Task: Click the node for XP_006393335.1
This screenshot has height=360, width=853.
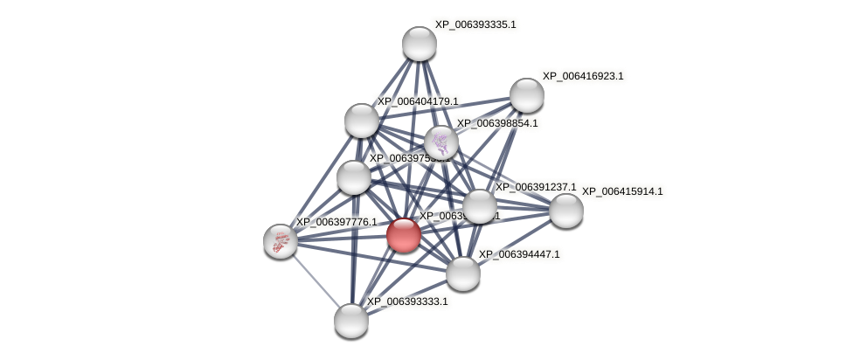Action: pyautogui.click(x=420, y=44)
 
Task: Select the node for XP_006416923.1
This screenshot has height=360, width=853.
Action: pyautogui.click(x=527, y=95)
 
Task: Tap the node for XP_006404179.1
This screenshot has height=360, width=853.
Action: pyautogui.click(x=362, y=121)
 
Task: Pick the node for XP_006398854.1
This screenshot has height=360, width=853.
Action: pyautogui.click(x=441, y=142)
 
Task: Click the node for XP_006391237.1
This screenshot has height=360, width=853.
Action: pyautogui.click(x=479, y=206)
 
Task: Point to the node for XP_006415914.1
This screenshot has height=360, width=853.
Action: pyautogui.click(x=566, y=211)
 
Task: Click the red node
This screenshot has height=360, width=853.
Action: pyautogui.click(x=404, y=235)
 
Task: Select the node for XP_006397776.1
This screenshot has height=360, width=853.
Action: pyautogui.click(x=281, y=241)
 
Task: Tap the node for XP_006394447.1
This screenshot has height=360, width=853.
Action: pyautogui.click(x=463, y=273)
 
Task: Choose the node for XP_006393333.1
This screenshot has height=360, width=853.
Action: pyautogui.click(x=351, y=321)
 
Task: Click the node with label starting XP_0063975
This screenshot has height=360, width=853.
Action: pyautogui.click(x=354, y=177)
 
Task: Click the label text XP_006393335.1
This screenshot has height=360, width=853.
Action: pyautogui.click(x=475, y=24)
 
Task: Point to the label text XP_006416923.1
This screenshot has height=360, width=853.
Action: pyautogui.click(x=583, y=76)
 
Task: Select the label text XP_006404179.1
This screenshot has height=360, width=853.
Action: pyautogui.click(x=418, y=101)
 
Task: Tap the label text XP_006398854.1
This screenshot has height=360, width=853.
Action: pyautogui.click(x=497, y=123)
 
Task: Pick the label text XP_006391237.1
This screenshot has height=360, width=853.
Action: pyautogui.click(x=536, y=187)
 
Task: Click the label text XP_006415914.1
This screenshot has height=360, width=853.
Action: pyautogui.click(x=622, y=191)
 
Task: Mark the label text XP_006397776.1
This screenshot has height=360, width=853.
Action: pyautogui.click(x=336, y=222)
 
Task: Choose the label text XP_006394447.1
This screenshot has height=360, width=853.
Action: pyautogui.click(x=519, y=254)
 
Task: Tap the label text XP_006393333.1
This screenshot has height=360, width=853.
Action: pyautogui.click(x=407, y=301)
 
